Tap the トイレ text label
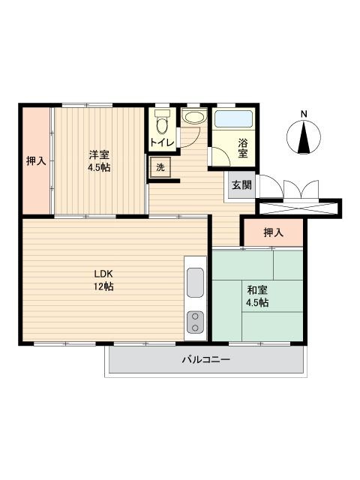162,142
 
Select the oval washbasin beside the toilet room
194,118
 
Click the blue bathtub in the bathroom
233,119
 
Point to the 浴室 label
243,148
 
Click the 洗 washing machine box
160,167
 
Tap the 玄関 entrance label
241,185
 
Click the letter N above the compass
304,114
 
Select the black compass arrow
304,137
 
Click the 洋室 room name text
99,154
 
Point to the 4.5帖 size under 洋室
99,168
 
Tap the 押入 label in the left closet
36,160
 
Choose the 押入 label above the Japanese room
274,232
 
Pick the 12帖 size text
103,286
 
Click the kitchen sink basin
195,283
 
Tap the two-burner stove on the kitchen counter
195,322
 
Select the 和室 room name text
257,289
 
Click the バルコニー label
206,359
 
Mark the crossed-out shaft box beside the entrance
298,208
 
